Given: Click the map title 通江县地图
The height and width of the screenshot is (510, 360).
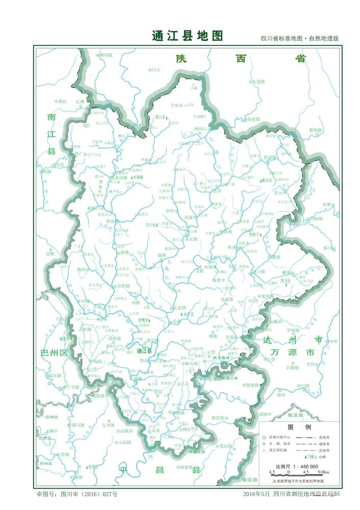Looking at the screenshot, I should [x=188, y=36].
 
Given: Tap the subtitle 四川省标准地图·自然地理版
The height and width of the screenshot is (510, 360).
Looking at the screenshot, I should [x=300, y=39].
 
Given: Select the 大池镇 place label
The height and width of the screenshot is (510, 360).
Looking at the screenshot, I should [x=259, y=82].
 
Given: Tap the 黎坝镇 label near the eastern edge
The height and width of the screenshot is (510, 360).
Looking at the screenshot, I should [x=316, y=130].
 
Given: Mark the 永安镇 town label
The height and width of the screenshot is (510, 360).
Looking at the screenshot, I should [x=191, y=238].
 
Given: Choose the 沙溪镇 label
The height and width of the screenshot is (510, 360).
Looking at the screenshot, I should [x=211, y=267].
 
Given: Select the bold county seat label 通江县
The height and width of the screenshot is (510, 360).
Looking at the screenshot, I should [x=145, y=351].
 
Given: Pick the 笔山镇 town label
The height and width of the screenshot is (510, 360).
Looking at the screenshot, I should [x=225, y=446].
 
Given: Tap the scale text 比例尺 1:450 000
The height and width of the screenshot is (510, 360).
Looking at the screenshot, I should [x=297, y=466].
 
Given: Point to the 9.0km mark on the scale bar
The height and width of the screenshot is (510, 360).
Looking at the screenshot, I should [x=323, y=472].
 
